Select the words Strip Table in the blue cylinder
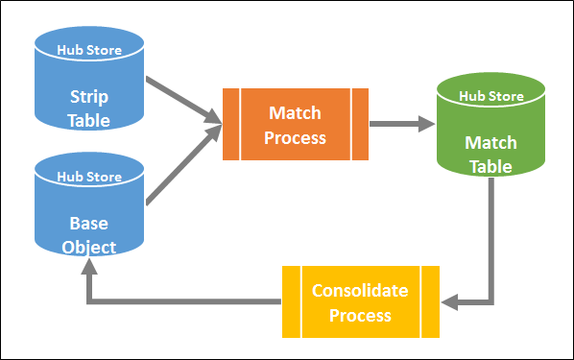[x=89, y=108]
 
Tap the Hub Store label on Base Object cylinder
[x=89, y=176]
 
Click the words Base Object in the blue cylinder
[x=89, y=234]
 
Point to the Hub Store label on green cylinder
[x=490, y=95]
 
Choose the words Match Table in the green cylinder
[x=490, y=155]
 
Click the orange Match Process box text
[x=296, y=125]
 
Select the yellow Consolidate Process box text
[x=359, y=302]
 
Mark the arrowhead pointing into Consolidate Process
[x=452, y=301]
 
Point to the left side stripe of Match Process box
[x=230, y=124]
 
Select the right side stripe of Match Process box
[x=361, y=124]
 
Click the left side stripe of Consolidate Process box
[x=290, y=301]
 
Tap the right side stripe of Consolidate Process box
[x=431, y=301]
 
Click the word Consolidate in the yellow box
[x=359, y=291]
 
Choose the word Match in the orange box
[x=296, y=113]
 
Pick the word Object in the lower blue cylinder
[x=89, y=247]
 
